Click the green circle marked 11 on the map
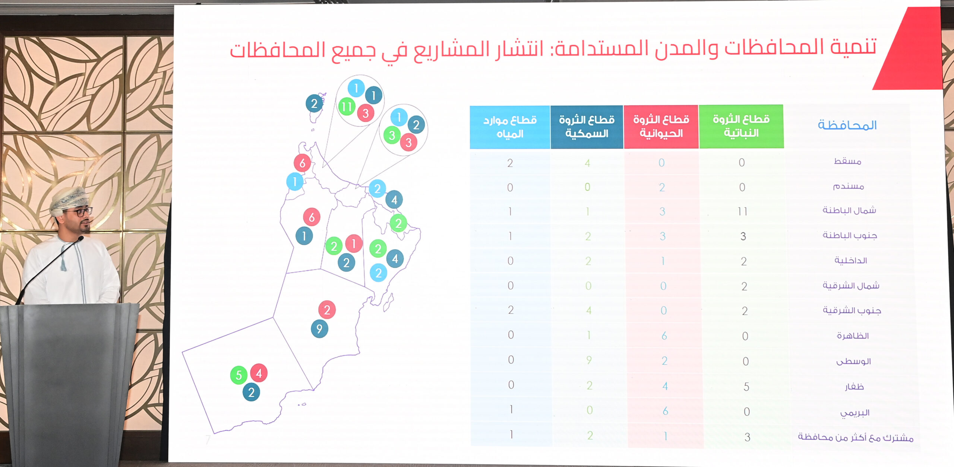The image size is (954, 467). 347,107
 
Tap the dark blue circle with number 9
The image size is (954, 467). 319,328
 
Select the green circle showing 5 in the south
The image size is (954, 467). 239,375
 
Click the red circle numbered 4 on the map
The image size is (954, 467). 259,373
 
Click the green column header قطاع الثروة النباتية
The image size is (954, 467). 741,127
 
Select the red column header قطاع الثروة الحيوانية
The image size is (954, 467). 661,127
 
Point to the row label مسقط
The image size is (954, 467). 847,161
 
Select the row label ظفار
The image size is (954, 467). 854,387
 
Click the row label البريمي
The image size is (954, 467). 855,413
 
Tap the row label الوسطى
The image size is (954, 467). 853,361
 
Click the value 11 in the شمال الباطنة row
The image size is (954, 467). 742,212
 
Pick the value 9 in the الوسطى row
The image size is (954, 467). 589,360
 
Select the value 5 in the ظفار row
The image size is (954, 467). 746,387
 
